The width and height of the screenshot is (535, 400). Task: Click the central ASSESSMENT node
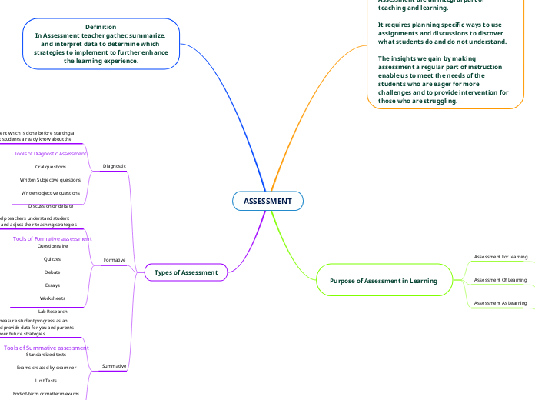pyautogui.click(x=267, y=202)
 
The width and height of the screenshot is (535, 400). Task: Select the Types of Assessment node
pyautogui.click(x=186, y=272)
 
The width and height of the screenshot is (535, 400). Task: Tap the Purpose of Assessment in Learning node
pyautogui.click(x=384, y=281)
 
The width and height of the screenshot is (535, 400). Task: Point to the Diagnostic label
pyautogui.click(x=115, y=166)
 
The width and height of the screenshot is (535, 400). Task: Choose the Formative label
pyautogui.click(x=115, y=260)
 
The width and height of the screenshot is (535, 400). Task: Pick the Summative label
pyautogui.click(x=115, y=366)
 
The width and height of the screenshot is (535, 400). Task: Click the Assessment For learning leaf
pyautogui.click(x=500, y=256)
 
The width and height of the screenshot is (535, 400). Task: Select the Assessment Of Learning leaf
pyautogui.click(x=500, y=280)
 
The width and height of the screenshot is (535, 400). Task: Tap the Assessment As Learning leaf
pyautogui.click(x=500, y=303)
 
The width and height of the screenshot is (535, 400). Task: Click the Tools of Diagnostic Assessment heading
pyautogui.click(x=51, y=154)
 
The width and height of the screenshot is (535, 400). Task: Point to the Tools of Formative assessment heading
pyautogui.click(x=52, y=239)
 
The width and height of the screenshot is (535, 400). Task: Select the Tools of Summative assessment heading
pyautogui.click(x=46, y=348)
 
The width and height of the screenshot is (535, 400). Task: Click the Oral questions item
pyautogui.click(x=51, y=166)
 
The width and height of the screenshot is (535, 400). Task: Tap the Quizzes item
pyautogui.click(x=52, y=259)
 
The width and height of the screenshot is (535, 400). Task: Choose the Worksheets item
pyautogui.click(x=52, y=298)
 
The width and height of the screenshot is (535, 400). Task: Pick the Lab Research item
pyautogui.click(x=52, y=312)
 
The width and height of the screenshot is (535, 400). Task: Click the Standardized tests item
pyautogui.click(x=46, y=355)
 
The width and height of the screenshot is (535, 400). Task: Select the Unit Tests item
pyautogui.click(x=46, y=381)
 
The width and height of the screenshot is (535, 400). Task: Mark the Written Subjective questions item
pyautogui.click(x=51, y=179)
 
